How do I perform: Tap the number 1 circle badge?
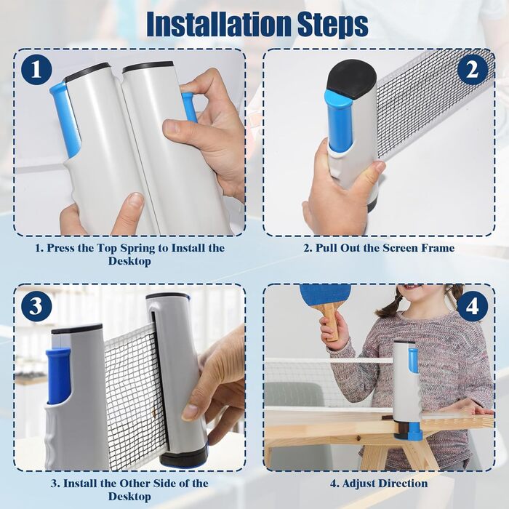coord(36,70)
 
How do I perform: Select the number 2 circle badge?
coord(473,70)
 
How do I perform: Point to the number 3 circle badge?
coord(36,306)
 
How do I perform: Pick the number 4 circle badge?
coord(473,306)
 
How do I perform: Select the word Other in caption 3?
coord(135,484)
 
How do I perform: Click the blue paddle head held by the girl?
coord(319,296)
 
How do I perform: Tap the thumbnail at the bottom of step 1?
coord(133,203)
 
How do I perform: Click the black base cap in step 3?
coord(184,456)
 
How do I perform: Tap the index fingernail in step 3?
coord(189,412)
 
